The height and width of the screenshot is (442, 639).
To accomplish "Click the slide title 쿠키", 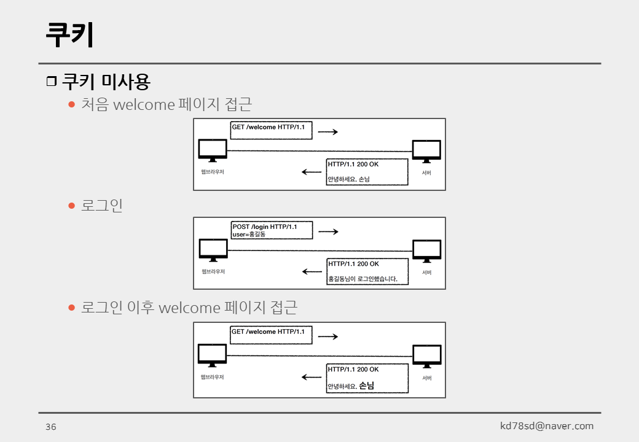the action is tap(69, 34).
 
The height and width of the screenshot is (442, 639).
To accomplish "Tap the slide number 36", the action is tap(50, 427).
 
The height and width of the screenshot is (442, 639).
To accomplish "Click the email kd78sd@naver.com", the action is tap(547, 425).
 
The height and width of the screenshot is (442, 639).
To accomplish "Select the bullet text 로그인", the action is tap(102, 205).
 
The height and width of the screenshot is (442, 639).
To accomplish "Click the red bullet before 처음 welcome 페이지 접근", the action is tap(71, 104).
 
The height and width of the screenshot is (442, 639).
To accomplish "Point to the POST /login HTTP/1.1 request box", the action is tap(271, 230).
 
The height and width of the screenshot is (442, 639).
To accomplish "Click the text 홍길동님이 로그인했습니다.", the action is tap(363, 279).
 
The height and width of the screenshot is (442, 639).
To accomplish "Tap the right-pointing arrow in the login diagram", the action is tap(328, 231).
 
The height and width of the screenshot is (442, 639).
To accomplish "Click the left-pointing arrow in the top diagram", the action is tap(312, 172).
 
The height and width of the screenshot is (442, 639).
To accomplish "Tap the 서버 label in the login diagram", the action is tap(426, 272).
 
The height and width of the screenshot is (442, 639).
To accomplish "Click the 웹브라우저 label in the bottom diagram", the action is tap(213, 377).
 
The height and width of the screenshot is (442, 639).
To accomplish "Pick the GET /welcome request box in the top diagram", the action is tap(271, 130).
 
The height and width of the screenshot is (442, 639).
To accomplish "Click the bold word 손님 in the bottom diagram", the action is tap(366, 386).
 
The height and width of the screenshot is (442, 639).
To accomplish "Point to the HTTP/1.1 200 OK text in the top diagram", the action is tap(353, 164).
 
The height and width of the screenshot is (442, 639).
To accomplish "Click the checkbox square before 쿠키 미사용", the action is tap(51, 82).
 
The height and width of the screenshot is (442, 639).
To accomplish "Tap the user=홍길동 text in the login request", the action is tap(249, 235).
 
